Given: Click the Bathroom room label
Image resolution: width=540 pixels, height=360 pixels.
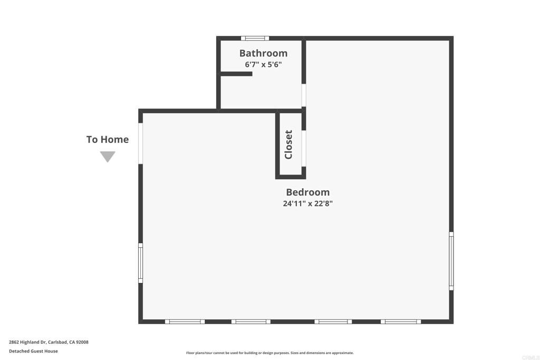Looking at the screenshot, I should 263,53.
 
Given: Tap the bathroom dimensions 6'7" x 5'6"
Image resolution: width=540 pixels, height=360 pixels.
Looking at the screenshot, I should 263,65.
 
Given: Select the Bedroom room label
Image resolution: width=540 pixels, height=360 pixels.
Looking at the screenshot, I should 307,192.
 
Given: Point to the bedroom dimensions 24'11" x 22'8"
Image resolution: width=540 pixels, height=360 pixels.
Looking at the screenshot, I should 307,203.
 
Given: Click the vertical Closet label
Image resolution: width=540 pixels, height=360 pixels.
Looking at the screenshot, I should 288,144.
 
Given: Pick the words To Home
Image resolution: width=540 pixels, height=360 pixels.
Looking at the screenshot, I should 108,140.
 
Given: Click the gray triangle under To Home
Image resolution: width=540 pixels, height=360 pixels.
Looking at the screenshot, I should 108,157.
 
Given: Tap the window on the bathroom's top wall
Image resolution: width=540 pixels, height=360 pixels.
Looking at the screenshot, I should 255,38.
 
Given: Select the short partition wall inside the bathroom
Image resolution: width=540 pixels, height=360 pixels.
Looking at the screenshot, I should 236,74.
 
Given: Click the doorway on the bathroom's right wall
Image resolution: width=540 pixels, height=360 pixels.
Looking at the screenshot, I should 304,96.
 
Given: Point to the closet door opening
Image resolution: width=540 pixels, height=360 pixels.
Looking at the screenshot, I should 304,148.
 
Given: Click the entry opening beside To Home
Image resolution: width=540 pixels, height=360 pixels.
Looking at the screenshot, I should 141,143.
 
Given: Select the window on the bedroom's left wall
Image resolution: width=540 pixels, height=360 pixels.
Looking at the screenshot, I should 141,262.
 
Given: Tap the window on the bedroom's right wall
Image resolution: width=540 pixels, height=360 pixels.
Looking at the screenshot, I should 451,261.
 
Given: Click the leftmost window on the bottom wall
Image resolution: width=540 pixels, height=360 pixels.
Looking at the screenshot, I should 185,322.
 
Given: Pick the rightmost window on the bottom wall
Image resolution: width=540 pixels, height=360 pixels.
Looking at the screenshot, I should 401,322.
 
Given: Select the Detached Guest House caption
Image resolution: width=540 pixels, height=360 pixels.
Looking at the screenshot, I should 33,351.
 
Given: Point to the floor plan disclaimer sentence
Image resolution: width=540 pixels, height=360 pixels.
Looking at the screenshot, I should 269,353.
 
